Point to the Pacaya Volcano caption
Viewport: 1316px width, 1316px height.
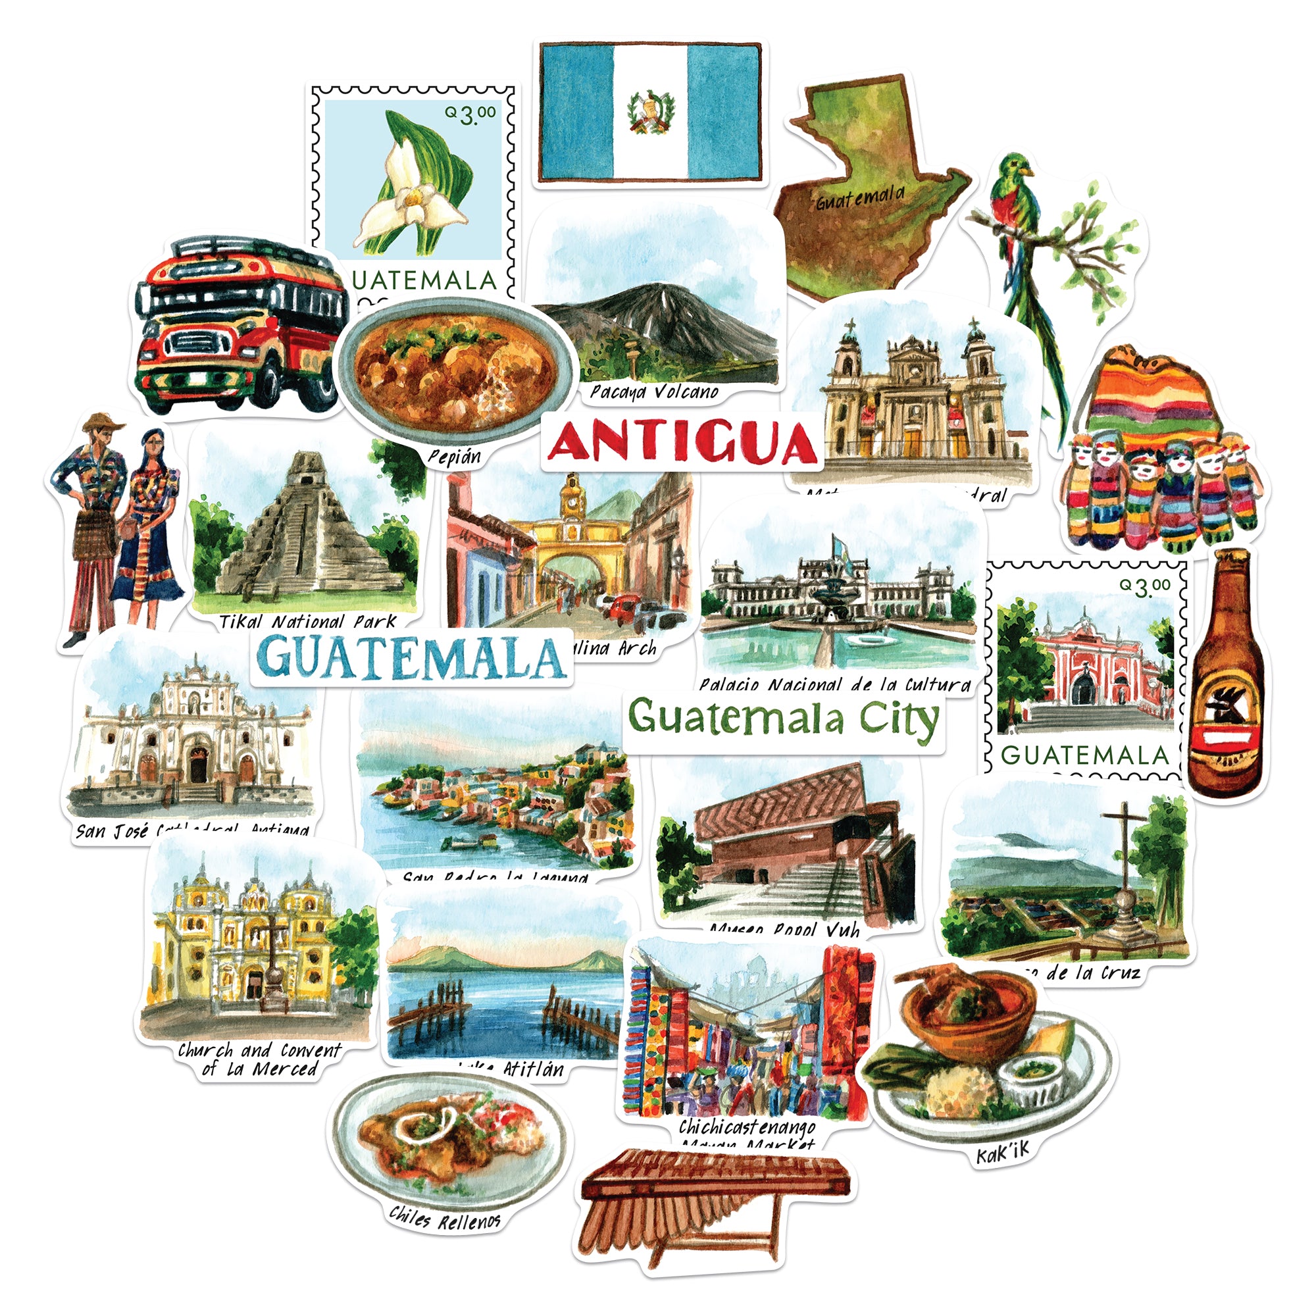pyautogui.click(x=654, y=392)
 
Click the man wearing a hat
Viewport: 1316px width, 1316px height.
pyautogui.click(x=95, y=518)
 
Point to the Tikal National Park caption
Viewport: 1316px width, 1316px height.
pyautogui.click(x=307, y=621)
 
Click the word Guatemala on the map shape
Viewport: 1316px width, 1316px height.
pyautogui.click(x=860, y=198)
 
